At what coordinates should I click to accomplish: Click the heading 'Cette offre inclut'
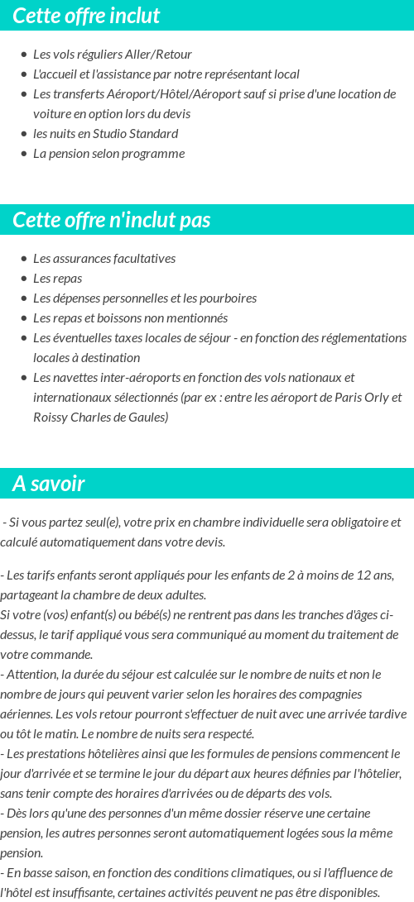tap(86, 16)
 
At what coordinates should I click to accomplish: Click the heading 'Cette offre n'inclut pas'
tap(112, 220)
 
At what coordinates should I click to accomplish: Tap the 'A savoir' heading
tap(49, 484)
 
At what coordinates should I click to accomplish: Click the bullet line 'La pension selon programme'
tap(108, 154)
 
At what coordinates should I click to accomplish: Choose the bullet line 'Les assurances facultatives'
tap(104, 259)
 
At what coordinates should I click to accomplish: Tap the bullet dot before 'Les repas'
tap(24, 279)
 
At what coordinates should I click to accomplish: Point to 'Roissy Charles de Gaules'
tap(100, 418)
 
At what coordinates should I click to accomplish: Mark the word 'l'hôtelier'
tap(373, 774)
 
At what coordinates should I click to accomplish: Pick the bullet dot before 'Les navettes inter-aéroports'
tap(24, 378)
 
